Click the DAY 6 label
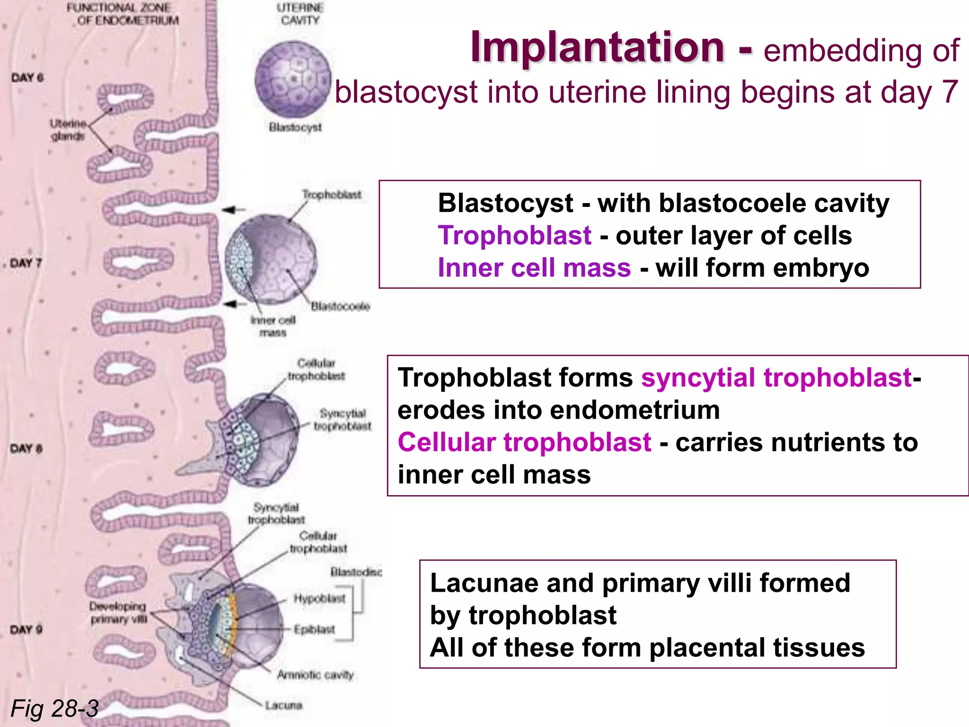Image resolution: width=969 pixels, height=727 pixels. [27, 78]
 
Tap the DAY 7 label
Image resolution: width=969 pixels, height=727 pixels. [26, 263]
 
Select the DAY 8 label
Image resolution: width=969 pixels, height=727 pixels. [26, 448]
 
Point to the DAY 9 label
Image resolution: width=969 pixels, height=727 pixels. [26, 629]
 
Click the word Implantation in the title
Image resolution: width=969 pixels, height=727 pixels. [597, 47]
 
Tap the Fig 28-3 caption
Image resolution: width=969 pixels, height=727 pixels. [54, 709]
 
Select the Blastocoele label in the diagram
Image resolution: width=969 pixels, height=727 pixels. [340, 307]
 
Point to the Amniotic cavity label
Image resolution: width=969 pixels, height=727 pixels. [315, 675]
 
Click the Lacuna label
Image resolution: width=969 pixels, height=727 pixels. [283, 705]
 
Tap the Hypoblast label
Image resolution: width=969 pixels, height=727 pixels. [319, 599]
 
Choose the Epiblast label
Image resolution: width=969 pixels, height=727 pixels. [314, 629]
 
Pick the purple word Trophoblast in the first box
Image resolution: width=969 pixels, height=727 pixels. [514, 236]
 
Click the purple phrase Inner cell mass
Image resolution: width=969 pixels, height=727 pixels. [534, 268]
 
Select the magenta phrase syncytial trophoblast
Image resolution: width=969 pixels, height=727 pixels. [776, 378]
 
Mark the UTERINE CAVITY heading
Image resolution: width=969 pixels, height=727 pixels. [300, 14]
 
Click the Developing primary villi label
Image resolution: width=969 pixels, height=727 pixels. [118, 612]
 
